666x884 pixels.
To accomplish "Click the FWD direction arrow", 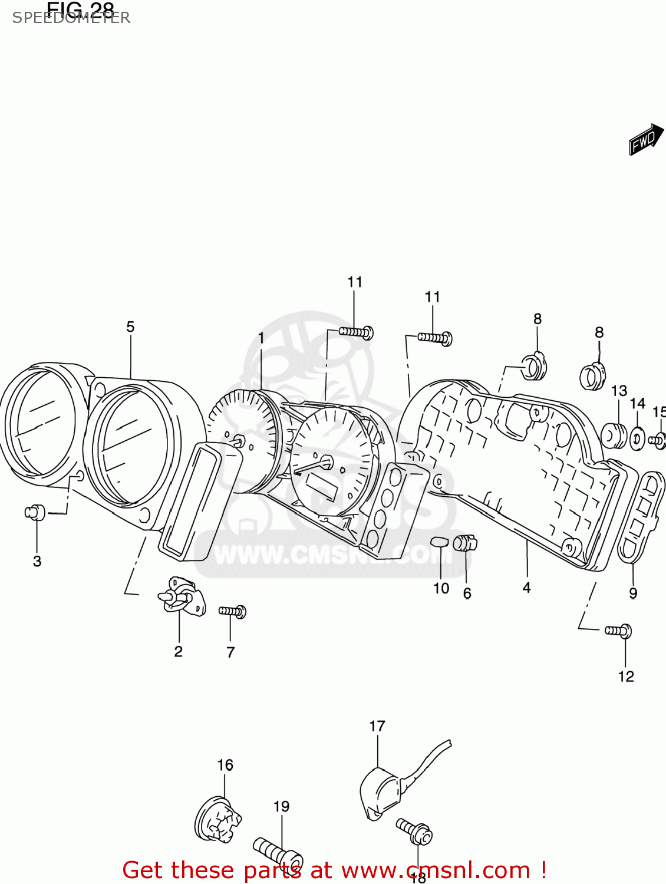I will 646,140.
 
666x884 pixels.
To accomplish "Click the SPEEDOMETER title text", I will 71,18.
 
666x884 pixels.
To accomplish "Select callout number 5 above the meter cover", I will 130,326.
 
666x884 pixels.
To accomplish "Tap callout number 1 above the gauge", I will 261,338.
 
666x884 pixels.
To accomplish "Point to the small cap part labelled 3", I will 35,512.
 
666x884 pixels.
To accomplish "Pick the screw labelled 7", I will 232,612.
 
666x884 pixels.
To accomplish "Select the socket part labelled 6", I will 465,542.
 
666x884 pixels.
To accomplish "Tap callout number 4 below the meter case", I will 526,588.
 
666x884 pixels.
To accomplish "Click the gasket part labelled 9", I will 640,516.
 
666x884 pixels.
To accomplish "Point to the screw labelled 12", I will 619,631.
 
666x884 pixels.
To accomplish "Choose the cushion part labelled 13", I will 614,436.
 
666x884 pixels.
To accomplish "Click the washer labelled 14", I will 637,438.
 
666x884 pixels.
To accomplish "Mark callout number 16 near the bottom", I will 225,765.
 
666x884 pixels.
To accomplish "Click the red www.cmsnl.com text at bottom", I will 436,870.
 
